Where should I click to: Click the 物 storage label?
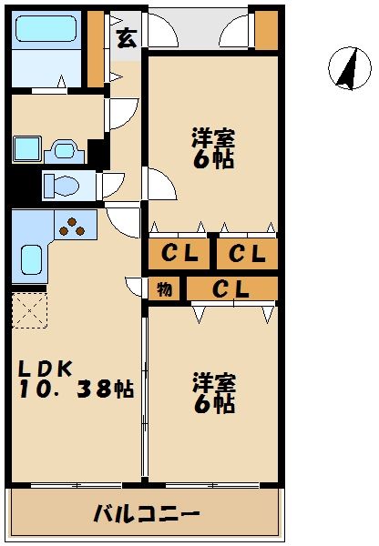(x=164, y=289)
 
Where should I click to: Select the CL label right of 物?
(x=231, y=289)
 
